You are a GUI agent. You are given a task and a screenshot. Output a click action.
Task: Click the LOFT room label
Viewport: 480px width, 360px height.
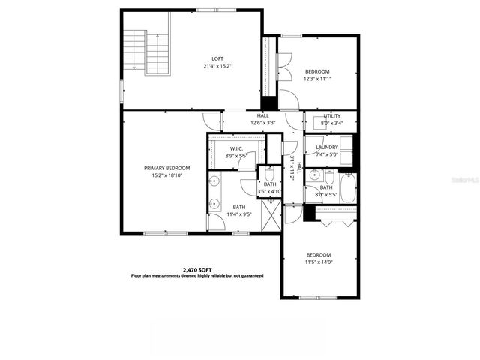coord(217,58)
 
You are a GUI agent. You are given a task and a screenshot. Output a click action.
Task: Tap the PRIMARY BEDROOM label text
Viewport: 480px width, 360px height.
coord(167,168)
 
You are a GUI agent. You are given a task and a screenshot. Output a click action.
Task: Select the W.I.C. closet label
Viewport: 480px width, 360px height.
coord(235,149)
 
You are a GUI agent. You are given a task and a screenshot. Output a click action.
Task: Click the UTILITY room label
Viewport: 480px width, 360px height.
coord(331,116)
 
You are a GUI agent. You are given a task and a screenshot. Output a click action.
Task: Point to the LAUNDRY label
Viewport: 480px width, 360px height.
coord(328,147)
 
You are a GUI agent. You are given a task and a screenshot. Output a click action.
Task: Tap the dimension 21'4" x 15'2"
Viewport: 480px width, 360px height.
coord(217,66)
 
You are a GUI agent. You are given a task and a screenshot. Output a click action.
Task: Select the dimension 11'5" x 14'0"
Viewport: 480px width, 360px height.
coord(316,262)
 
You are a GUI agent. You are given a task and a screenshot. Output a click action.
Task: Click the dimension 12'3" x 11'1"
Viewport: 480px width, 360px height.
coord(317,79)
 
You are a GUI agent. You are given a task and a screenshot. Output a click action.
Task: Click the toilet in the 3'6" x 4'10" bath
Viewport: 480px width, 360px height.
coord(268,173)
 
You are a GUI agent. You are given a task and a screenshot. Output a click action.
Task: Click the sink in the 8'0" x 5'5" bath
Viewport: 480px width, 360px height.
coord(316,177)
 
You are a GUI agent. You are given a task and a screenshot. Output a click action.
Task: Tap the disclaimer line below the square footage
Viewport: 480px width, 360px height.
coord(197,276)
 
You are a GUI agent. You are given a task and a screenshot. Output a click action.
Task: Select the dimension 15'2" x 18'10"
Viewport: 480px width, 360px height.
coord(167,175)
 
